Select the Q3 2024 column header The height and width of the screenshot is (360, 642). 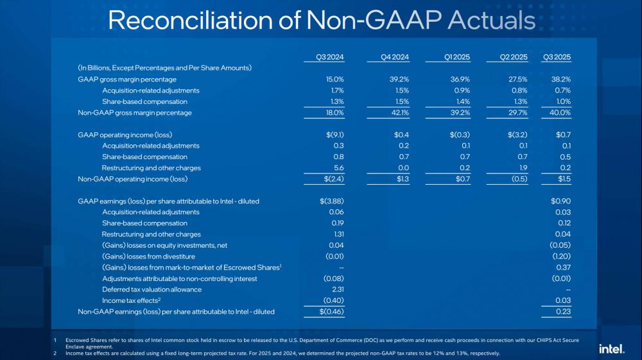[331, 57]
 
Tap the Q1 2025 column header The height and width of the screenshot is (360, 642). [457, 57]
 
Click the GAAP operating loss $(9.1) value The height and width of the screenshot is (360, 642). [333, 134]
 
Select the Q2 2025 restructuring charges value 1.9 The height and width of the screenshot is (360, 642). [521, 168]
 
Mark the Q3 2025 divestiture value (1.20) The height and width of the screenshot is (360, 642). [559, 256]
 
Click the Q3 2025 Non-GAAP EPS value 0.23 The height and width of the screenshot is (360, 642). [562, 312]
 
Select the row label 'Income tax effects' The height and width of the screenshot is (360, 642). [131, 300]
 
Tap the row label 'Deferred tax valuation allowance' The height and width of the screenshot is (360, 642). [152, 289]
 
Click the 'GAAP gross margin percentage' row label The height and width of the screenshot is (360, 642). [126, 79]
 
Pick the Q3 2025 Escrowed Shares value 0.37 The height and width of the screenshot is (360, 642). [562, 267]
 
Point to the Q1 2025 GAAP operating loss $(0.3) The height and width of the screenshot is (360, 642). [458, 134]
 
